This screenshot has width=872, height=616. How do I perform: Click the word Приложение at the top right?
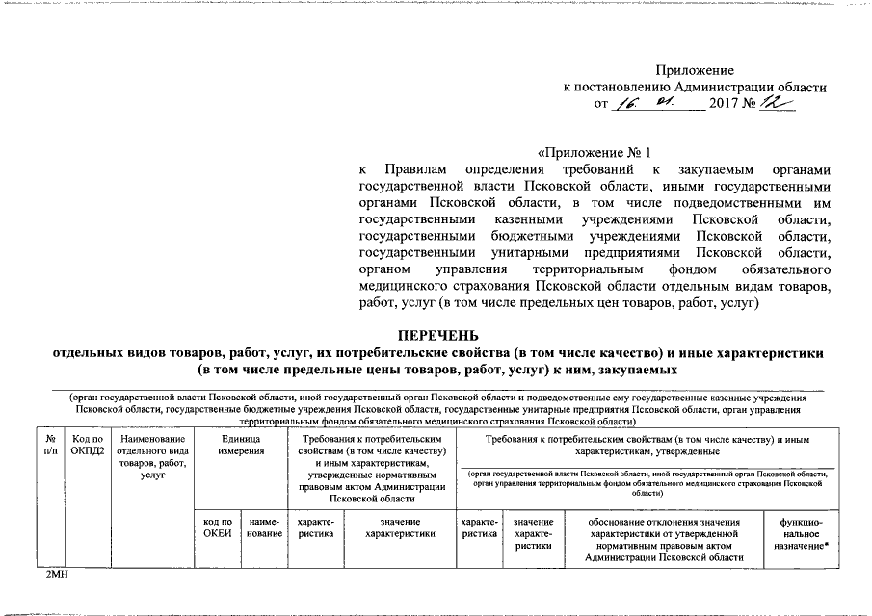pos(695,70)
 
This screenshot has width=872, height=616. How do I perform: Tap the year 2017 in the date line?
pos(725,103)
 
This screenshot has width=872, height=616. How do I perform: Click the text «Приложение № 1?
pos(594,152)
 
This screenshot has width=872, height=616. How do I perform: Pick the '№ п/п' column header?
pos(50,444)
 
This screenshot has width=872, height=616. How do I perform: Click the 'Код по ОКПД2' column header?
pos(86,444)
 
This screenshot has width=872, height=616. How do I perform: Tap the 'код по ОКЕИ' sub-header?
pos(218,528)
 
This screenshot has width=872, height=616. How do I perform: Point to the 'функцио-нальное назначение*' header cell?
pos(802,533)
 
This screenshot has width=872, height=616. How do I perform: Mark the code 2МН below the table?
pos(46,575)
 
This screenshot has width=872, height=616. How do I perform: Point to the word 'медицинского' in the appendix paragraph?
pos(403,286)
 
